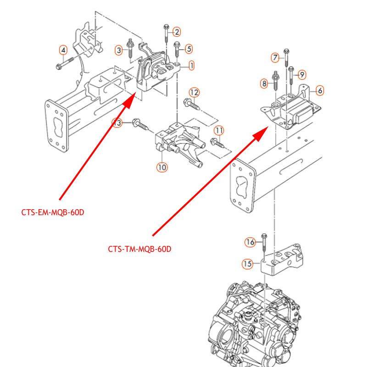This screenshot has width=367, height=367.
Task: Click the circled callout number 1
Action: [191, 66]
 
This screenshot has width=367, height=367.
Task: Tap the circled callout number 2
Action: [177, 32]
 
